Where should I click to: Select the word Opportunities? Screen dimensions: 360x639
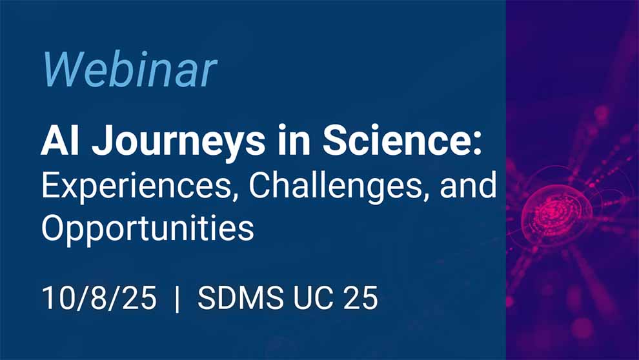(x=147, y=229)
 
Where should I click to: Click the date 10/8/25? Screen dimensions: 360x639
(x=99, y=299)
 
